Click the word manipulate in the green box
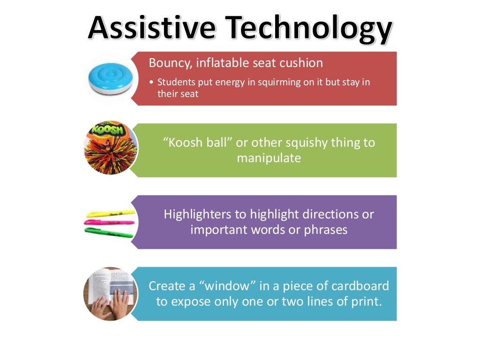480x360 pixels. pos(269,158)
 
